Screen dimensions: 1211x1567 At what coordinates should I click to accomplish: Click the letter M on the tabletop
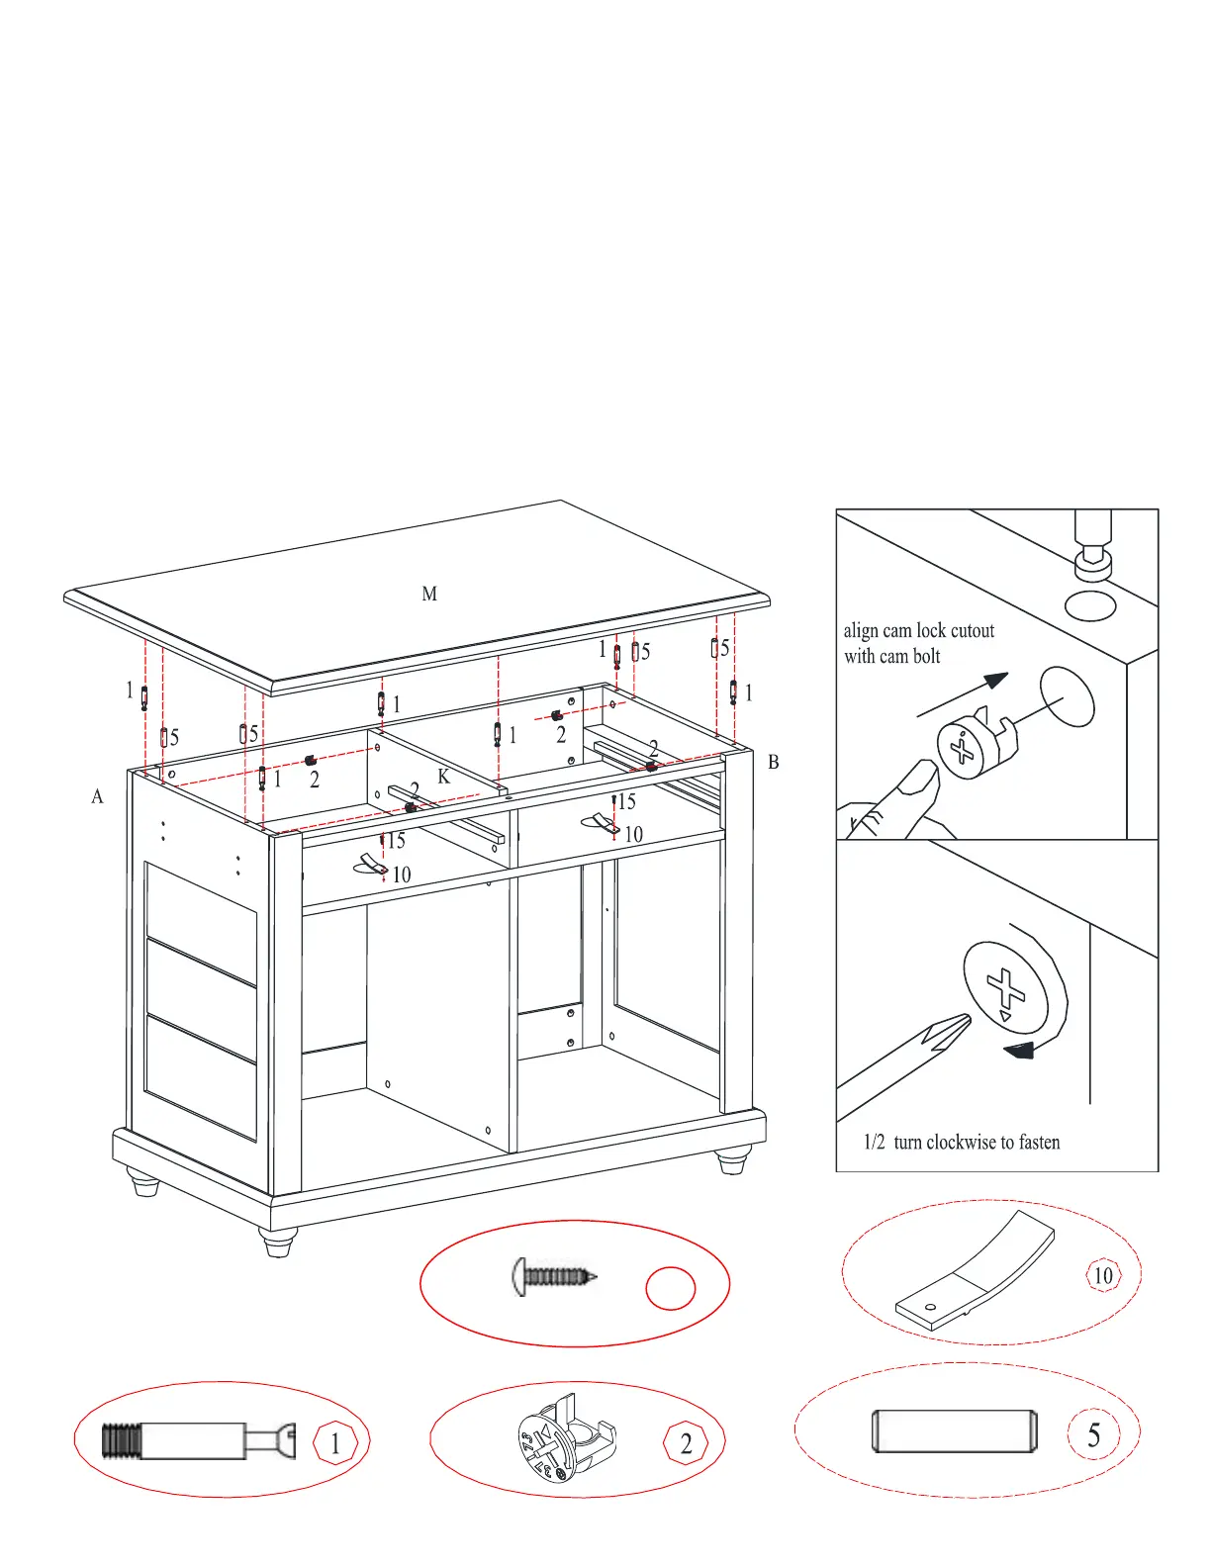[429, 594]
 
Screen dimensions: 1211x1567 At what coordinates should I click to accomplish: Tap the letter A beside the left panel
[97, 796]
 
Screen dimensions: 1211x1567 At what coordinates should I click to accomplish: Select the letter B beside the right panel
[774, 762]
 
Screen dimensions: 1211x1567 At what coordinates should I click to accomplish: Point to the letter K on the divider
[444, 777]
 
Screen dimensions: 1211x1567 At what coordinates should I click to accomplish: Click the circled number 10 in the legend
[1102, 1275]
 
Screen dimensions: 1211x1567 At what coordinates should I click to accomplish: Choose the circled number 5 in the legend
[1093, 1435]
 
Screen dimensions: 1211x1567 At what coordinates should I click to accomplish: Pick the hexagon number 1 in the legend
[335, 1444]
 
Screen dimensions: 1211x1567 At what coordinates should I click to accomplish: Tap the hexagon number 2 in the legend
[686, 1444]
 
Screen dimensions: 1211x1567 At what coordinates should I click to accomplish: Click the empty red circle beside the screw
[671, 1288]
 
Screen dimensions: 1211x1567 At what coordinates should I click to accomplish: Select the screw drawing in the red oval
[555, 1276]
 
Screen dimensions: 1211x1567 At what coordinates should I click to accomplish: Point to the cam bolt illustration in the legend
[198, 1440]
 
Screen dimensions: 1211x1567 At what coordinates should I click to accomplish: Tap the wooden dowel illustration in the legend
[955, 1431]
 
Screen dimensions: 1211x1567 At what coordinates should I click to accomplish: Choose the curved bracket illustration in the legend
[975, 1271]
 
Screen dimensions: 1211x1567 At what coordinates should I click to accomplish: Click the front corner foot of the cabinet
[278, 1242]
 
